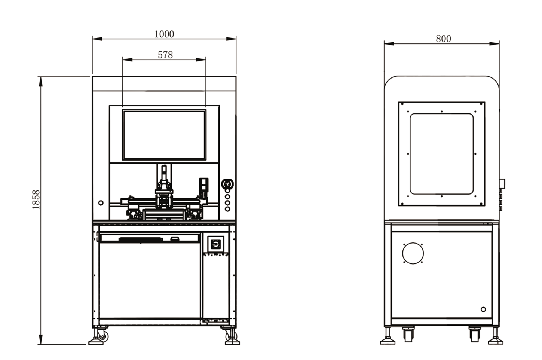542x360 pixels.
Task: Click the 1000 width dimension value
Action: pos(164,34)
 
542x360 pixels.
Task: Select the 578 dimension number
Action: pos(165,55)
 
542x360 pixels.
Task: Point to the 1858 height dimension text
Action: pos(36,200)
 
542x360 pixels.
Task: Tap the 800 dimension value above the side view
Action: pos(443,39)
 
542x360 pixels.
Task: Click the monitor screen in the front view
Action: pos(164,135)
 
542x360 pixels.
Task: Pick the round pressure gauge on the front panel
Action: pos(227,184)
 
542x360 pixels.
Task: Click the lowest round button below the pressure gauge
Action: pos(227,209)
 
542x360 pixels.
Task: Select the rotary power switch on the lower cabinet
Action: pos(215,244)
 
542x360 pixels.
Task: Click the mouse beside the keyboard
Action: pos(174,239)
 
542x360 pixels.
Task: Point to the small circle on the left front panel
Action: pos(101,203)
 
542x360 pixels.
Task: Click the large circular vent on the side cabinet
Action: pos(413,253)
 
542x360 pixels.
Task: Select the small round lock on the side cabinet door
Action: pos(483,309)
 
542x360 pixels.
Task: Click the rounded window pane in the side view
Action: pos(442,154)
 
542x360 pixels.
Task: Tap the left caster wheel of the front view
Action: pos(103,335)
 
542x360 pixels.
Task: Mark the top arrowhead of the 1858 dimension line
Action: pos(41,81)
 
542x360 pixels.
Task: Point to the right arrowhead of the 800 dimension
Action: pos(494,43)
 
